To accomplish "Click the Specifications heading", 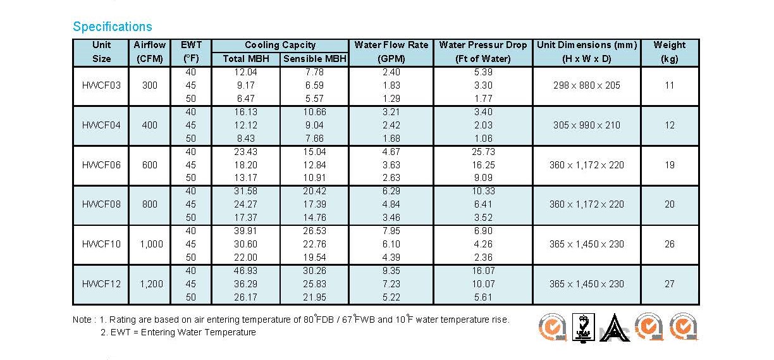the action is (x=113, y=27).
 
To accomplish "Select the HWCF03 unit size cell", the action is (x=101, y=85).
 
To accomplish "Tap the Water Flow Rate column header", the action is (x=391, y=51).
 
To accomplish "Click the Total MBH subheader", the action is (x=246, y=59).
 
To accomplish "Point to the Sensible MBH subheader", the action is (x=315, y=59).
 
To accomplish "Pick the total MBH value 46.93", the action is (x=246, y=270).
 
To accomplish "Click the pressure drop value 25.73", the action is (x=483, y=151).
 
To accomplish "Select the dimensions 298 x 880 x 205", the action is (x=587, y=85).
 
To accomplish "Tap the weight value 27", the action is (x=670, y=284).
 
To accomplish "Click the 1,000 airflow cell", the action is (x=151, y=244).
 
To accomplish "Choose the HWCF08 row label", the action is (x=101, y=204).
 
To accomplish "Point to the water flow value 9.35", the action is (x=391, y=270).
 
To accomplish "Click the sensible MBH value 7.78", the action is (x=314, y=72).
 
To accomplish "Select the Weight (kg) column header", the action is (x=670, y=51).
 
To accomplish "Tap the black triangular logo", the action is (x=615, y=328).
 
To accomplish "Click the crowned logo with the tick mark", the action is (x=583, y=328).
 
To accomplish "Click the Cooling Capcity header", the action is (x=280, y=45).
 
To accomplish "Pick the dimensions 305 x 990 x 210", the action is (x=587, y=125).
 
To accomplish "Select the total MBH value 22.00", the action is (x=246, y=258).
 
